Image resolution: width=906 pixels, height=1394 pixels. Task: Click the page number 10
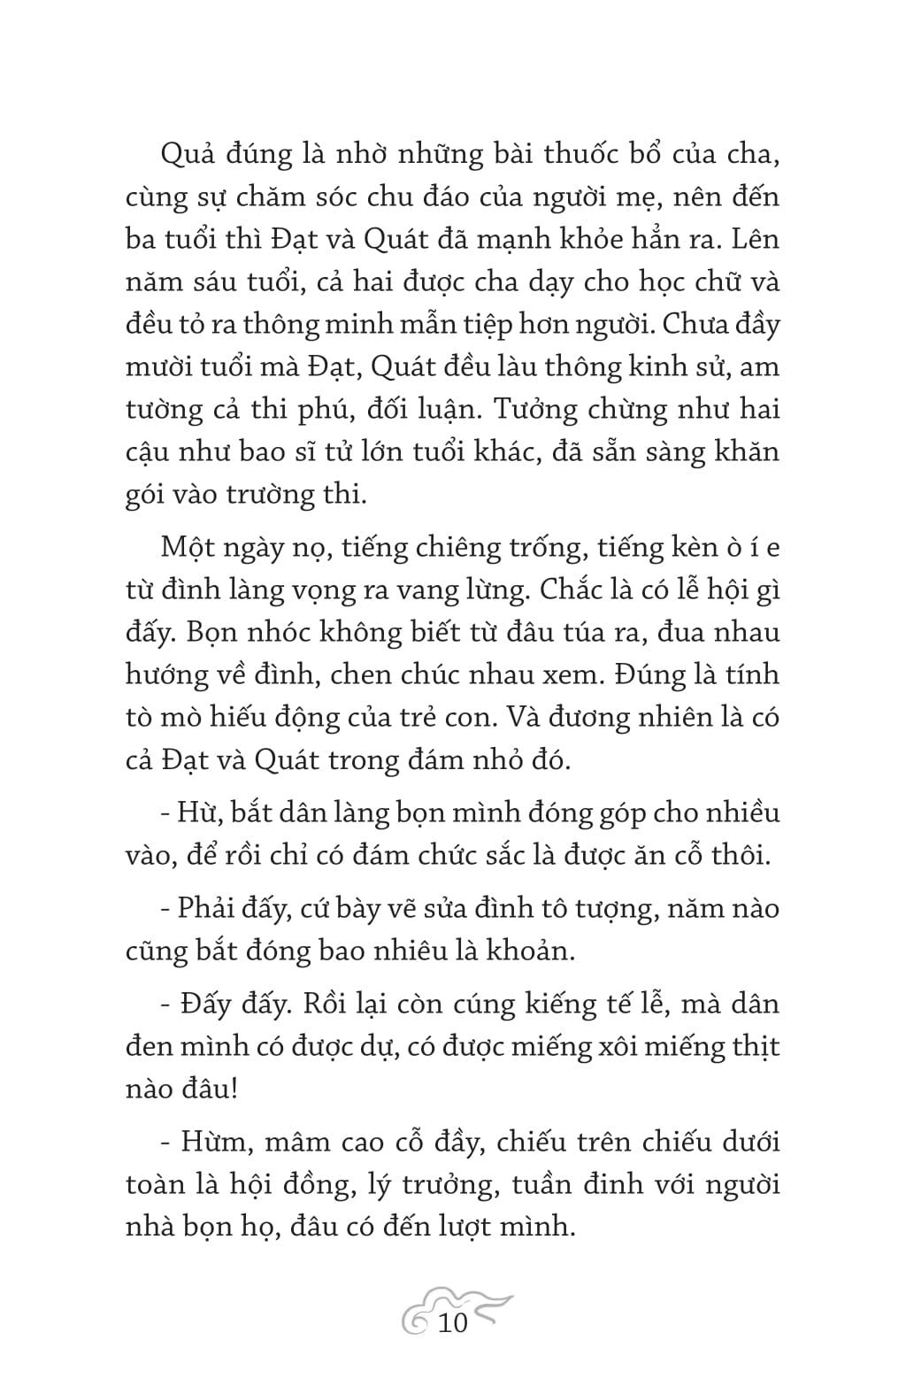tap(452, 1324)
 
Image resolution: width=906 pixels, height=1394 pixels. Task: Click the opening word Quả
tap(187, 156)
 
